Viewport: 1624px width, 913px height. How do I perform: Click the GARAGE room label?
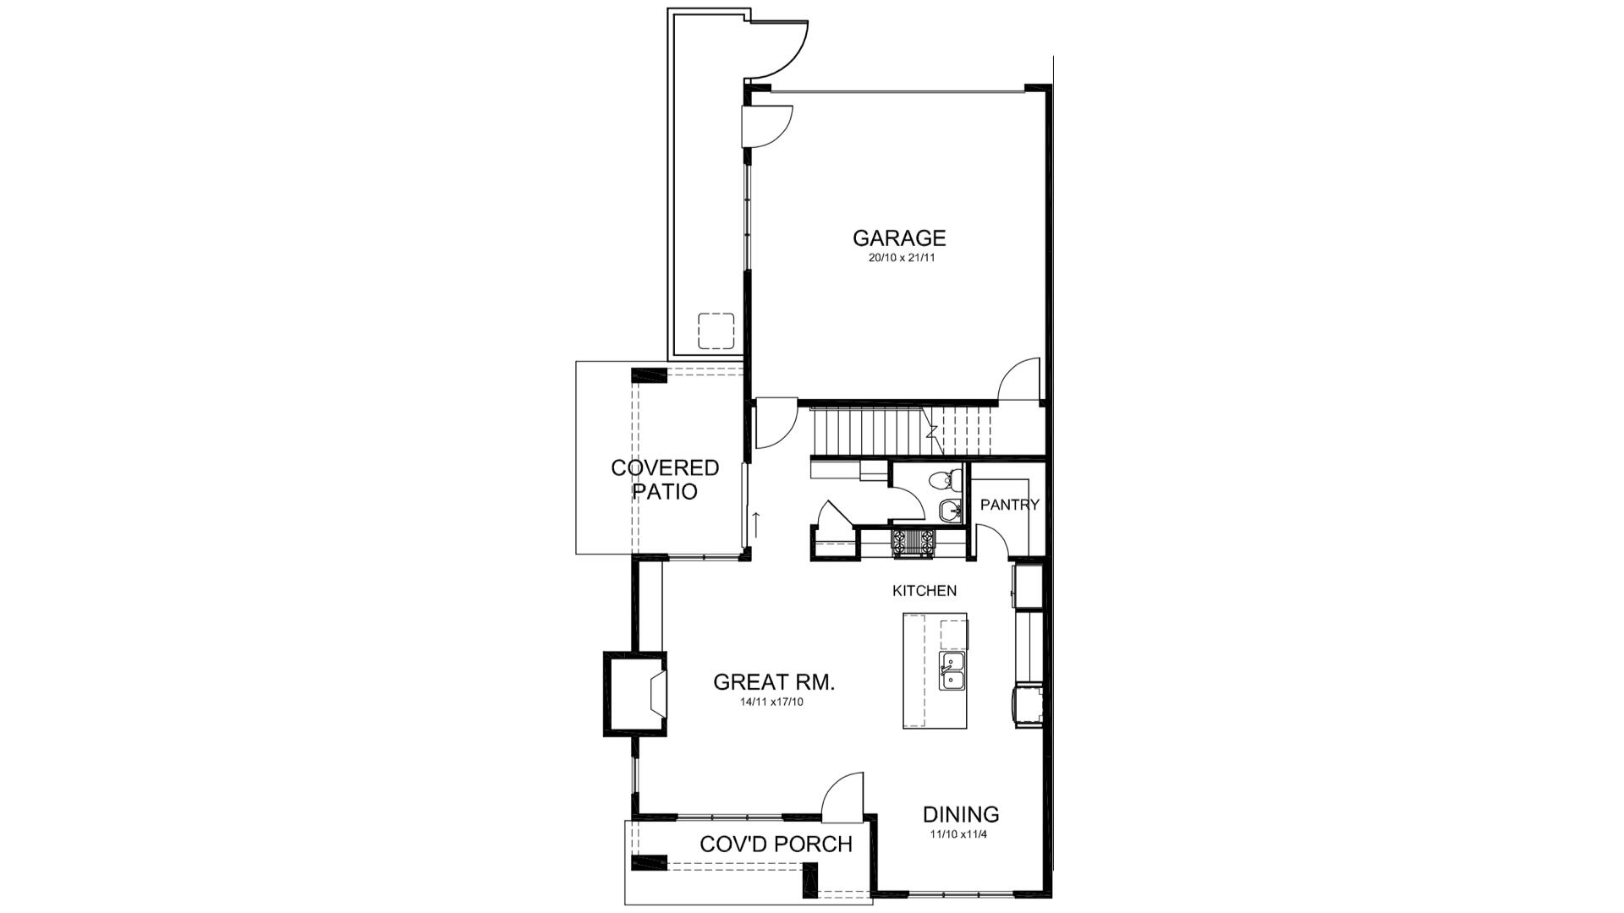point(898,238)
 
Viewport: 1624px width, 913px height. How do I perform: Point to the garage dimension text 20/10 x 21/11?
point(901,259)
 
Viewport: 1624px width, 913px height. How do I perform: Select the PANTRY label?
point(1009,505)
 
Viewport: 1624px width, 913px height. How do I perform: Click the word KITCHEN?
point(924,591)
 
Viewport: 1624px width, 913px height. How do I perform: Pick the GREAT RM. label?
point(774,682)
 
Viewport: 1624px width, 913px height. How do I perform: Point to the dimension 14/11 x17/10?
point(771,703)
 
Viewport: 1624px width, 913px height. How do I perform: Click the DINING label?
point(961,814)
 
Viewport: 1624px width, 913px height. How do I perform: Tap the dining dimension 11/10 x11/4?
point(959,834)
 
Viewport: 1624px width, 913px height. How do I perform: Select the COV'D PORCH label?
point(776,844)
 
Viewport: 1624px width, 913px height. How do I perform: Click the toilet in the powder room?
point(945,481)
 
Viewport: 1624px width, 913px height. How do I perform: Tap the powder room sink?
point(951,510)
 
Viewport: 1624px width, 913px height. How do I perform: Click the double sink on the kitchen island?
point(953,672)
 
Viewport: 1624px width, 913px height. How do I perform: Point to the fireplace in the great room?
point(636,694)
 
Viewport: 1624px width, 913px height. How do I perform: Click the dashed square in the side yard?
point(716,331)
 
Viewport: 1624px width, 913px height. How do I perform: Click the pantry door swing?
point(994,541)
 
